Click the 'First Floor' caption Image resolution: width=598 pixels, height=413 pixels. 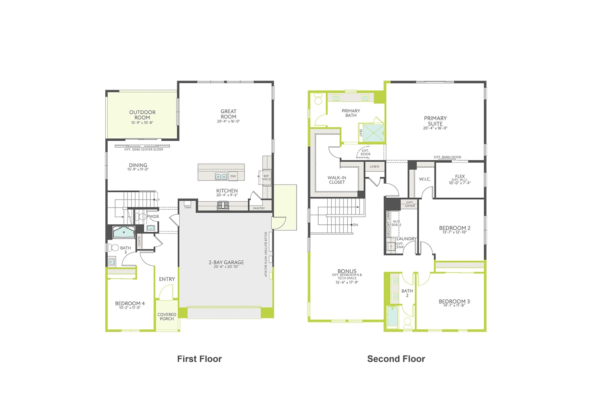click(199, 359)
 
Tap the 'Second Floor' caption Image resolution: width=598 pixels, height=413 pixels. click(396, 359)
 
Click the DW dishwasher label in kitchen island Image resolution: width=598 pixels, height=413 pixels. click(233, 176)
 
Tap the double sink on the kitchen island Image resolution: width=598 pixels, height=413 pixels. click(221, 177)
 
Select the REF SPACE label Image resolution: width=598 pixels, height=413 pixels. click(266, 178)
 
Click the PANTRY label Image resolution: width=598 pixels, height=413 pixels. click(259, 208)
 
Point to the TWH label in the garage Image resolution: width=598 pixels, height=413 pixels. click(187, 208)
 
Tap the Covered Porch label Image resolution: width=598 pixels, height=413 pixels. click(167, 317)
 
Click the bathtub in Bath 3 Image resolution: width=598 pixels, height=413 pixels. click(124, 233)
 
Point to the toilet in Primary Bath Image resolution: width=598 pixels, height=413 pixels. click(318, 99)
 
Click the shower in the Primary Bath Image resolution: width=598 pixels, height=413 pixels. click(371, 132)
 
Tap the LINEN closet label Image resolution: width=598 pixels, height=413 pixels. click(374, 167)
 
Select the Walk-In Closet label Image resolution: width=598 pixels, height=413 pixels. click(337, 180)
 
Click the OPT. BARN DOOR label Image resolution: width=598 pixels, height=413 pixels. click(447, 157)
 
